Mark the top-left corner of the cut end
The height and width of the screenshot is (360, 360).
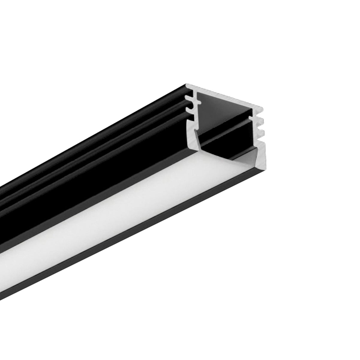tap(187, 85)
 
